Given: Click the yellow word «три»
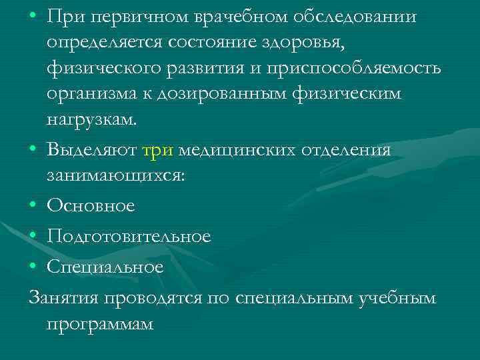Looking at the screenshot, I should point(158,151).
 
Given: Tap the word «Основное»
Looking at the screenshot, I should point(91,207).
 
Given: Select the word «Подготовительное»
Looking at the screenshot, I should point(129,237).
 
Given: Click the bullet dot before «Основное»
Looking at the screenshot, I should point(33,207).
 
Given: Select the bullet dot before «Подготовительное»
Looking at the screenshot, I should point(33,237).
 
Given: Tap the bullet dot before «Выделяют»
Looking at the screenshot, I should point(33,151).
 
